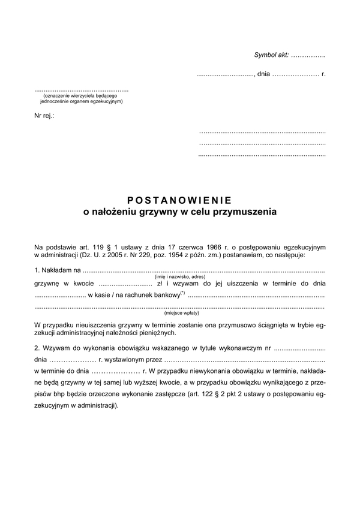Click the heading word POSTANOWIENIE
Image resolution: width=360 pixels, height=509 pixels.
click(179, 201)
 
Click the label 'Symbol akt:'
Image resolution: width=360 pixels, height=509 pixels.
click(271, 55)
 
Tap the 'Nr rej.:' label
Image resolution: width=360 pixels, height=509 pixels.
click(44, 115)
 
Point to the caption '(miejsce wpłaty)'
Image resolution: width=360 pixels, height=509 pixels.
click(181, 312)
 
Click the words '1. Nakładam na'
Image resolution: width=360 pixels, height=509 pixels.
click(54, 272)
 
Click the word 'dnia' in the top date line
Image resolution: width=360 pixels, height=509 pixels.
click(264, 75)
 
